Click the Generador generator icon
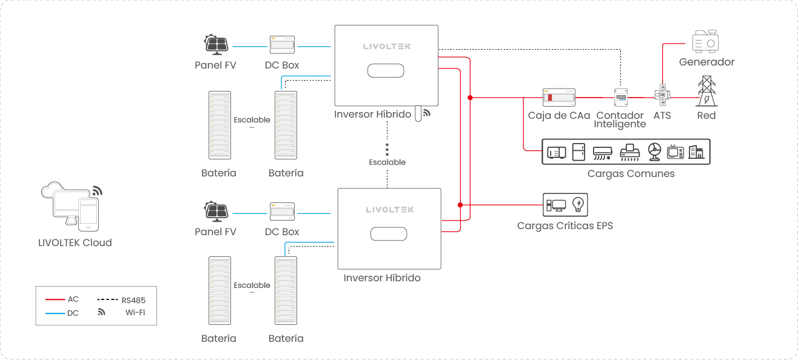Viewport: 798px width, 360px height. (x=705, y=41)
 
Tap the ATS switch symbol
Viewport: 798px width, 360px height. (x=662, y=95)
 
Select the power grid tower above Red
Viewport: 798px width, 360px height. (x=706, y=91)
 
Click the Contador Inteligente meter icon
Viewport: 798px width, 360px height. (x=620, y=97)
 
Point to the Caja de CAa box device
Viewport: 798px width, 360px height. (x=558, y=97)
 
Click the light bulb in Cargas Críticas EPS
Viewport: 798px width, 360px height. (x=578, y=205)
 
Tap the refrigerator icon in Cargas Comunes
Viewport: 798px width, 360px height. (x=578, y=152)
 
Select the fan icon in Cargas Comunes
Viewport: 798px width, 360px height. (x=654, y=152)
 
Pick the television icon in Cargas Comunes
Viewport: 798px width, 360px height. (x=675, y=152)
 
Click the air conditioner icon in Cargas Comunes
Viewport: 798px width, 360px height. (x=602, y=153)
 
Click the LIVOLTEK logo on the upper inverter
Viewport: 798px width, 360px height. (x=386, y=46)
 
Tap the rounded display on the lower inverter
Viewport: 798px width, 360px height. (x=389, y=234)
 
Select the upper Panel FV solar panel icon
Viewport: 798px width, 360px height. (x=216, y=44)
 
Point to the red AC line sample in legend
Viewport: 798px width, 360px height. (x=55, y=299)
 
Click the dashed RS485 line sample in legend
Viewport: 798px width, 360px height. (x=107, y=299)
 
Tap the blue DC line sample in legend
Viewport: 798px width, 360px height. (x=55, y=313)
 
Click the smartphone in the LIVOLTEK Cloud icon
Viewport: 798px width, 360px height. (x=89, y=215)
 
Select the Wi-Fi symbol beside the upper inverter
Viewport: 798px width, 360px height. (x=427, y=113)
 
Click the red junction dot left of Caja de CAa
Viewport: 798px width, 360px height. (x=471, y=98)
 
